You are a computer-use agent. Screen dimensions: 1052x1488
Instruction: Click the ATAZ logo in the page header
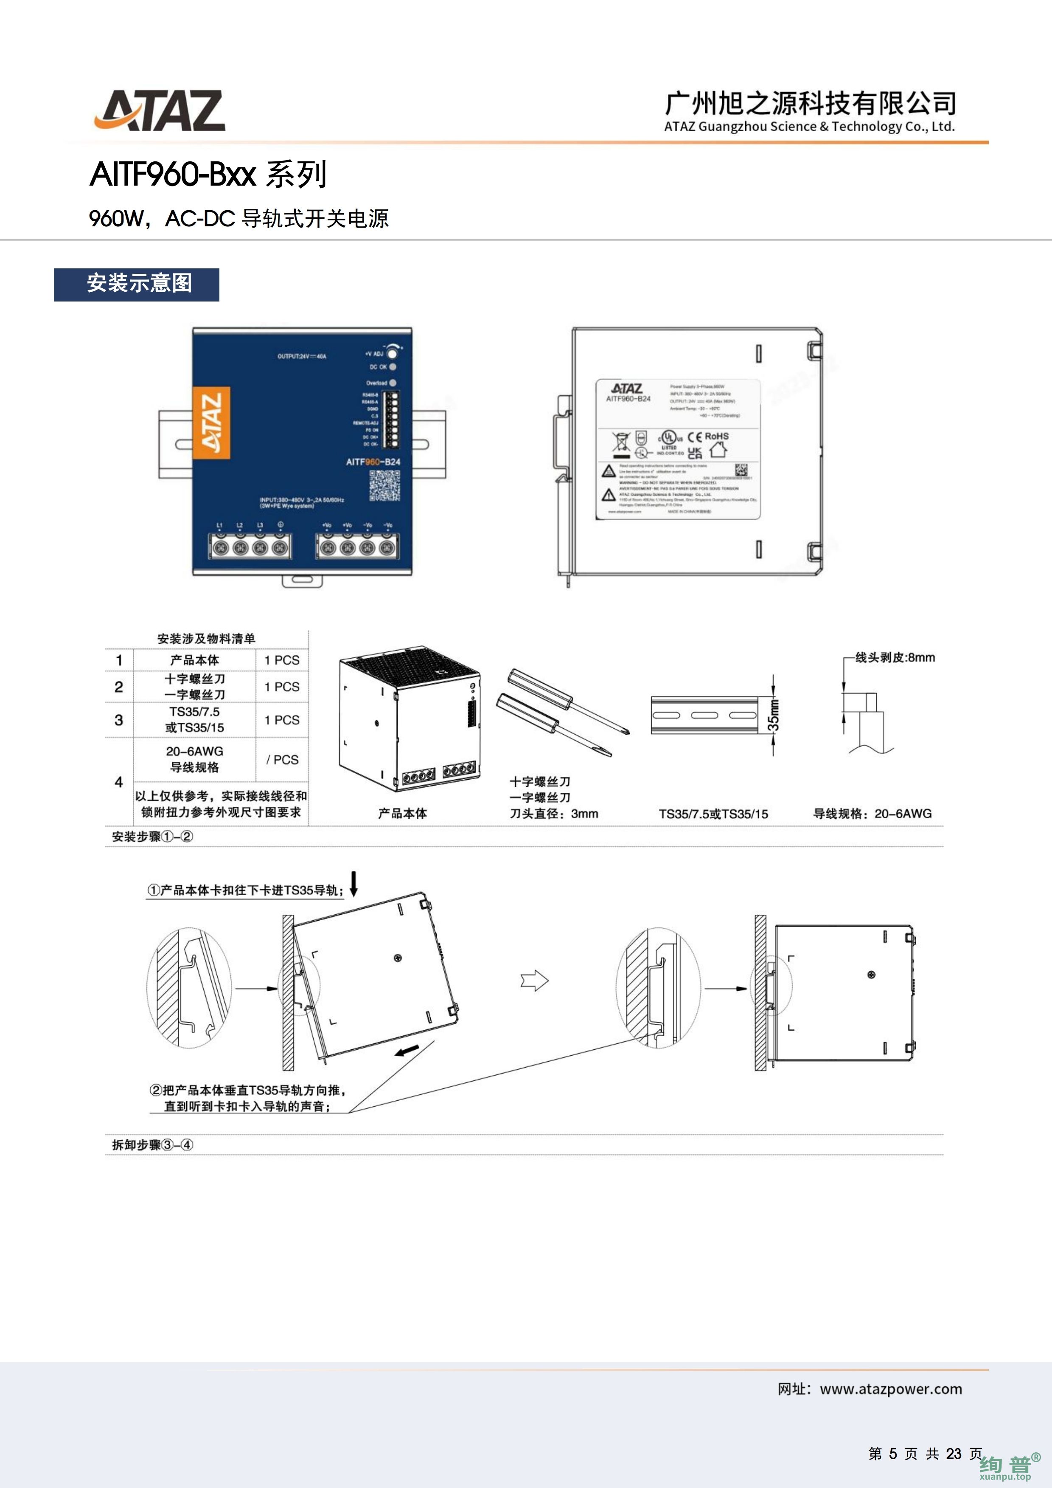pyautogui.click(x=160, y=111)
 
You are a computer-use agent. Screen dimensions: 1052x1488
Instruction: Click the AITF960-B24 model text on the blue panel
pyautogui.click(x=373, y=462)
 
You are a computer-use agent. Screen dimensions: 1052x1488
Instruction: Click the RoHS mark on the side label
pyautogui.click(x=716, y=436)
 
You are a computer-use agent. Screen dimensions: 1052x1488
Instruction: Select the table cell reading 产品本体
pyautogui.click(x=194, y=660)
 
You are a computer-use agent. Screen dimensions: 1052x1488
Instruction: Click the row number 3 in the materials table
pyautogui.click(x=118, y=720)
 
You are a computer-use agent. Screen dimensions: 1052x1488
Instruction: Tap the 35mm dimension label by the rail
pyautogui.click(x=774, y=715)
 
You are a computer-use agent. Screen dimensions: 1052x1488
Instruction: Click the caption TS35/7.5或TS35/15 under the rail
pyautogui.click(x=713, y=814)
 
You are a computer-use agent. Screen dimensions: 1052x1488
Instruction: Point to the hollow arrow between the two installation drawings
pyautogui.click(x=534, y=981)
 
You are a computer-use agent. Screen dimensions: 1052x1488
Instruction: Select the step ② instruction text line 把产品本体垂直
pyautogui.click(x=248, y=1090)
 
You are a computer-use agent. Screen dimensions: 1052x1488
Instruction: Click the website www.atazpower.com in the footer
pyautogui.click(x=891, y=1389)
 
